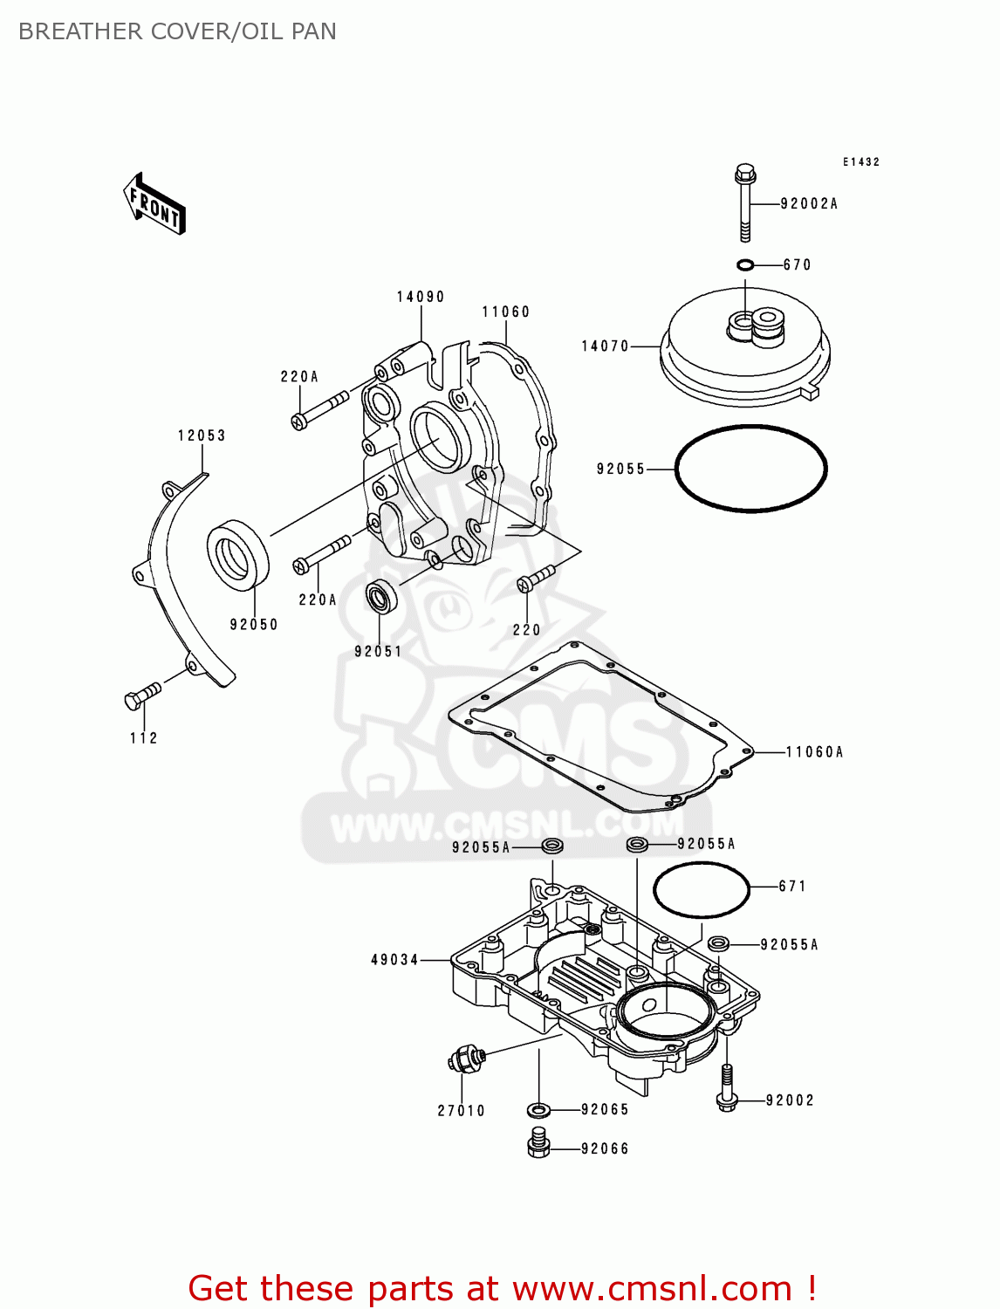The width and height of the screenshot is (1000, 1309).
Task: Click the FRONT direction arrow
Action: (x=154, y=204)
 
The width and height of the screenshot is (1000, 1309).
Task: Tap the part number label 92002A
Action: (x=808, y=204)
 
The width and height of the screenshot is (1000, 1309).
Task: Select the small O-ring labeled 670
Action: (x=744, y=265)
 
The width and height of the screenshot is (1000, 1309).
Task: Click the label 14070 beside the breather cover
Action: (x=605, y=346)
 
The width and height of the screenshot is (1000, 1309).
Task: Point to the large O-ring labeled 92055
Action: (x=750, y=469)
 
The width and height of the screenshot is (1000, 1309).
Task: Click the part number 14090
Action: (x=421, y=297)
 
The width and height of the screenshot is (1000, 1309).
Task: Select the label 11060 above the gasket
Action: (x=506, y=312)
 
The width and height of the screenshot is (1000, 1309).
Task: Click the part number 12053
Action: (x=202, y=435)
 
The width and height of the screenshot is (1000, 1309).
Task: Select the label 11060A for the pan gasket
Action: (x=814, y=752)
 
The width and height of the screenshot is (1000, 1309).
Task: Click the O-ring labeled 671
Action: (x=701, y=889)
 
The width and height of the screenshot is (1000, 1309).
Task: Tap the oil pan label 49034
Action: (x=395, y=960)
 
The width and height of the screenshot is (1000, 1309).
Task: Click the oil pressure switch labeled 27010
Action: (x=465, y=1060)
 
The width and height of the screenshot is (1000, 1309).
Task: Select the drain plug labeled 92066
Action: (x=538, y=1143)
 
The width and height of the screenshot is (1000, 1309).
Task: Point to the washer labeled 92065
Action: (x=538, y=1110)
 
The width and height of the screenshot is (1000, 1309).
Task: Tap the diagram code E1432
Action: (x=860, y=162)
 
